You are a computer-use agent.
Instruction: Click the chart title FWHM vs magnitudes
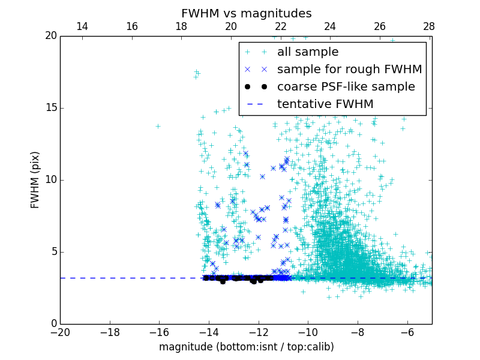pos(246,13)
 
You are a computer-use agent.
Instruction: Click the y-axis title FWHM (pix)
pos(35,180)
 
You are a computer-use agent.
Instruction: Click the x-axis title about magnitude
pos(246,347)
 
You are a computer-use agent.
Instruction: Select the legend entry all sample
pos(307,52)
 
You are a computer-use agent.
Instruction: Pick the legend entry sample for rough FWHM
pos(349,70)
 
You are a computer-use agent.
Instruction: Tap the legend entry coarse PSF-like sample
pos(346,87)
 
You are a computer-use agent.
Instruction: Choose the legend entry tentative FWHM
pos(325,104)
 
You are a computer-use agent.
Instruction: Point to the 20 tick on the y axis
pos(51,36)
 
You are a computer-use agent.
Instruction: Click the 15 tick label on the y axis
pos(51,108)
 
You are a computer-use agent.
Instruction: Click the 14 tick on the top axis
pos(82,27)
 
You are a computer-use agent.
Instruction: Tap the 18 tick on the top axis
pos(181,27)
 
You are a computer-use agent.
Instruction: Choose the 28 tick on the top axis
pos(429,27)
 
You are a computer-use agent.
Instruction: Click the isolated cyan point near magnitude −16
pos(158,126)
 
